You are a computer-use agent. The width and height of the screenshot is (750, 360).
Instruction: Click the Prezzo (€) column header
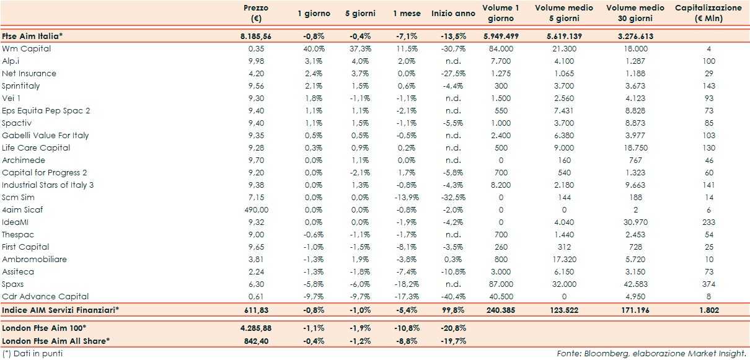[x=255, y=13]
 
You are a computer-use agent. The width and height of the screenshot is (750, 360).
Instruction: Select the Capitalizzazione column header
[x=708, y=13]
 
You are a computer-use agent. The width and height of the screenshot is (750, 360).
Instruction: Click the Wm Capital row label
[x=27, y=48]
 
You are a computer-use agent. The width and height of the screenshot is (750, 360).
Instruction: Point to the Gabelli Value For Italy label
[x=45, y=135]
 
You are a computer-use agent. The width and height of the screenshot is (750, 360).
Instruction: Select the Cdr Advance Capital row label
[x=45, y=296]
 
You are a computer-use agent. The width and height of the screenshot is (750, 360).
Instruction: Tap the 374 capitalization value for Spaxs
[x=709, y=284]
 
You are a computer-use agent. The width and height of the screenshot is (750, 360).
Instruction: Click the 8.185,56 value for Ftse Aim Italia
[x=256, y=36]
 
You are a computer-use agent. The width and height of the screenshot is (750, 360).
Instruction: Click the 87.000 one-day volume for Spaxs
[x=501, y=284]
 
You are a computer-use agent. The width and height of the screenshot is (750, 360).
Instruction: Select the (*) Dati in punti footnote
[x=32, y=353]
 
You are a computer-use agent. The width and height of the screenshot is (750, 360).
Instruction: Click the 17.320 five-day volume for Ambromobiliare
[x=564, y=259]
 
